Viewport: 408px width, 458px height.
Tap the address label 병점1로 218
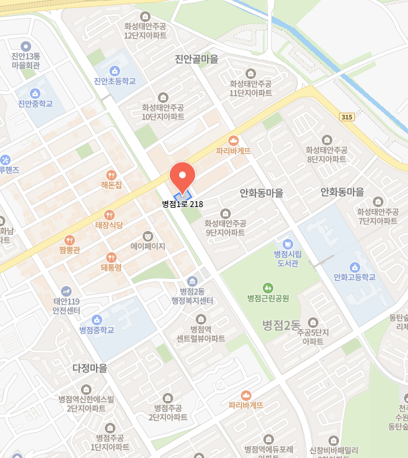click(x=182, y=204)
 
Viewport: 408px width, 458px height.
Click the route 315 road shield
click(x=346, y=117)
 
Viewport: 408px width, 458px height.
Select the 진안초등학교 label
click(x=115, y=81)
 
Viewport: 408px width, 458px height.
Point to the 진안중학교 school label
click(x=35, y=104)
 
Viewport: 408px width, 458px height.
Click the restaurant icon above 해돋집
click(x=111, y=174)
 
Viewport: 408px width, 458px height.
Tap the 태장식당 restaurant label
click(x=109, y=225)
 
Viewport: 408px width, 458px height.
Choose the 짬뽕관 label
click(x=69, y=250)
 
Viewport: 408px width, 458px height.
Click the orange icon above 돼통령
click(x=111, y=257)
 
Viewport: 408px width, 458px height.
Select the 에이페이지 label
click(x=147, y=246)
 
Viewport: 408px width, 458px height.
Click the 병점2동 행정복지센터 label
click(x=192, y=296)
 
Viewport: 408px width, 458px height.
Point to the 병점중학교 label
click(x=97, y=329)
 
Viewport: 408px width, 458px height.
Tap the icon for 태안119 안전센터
click(x=66, y=291)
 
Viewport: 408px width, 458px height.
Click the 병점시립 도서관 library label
click(x=288, y=258)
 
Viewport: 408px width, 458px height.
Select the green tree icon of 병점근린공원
click(x=268, y=287)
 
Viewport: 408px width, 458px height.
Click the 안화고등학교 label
click(x=354, y=277)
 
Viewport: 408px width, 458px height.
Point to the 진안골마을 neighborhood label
click(x=196, y=59)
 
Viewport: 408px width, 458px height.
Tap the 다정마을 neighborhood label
click(x=90, y=367)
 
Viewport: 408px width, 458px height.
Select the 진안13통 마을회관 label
click(x=26, y=60)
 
